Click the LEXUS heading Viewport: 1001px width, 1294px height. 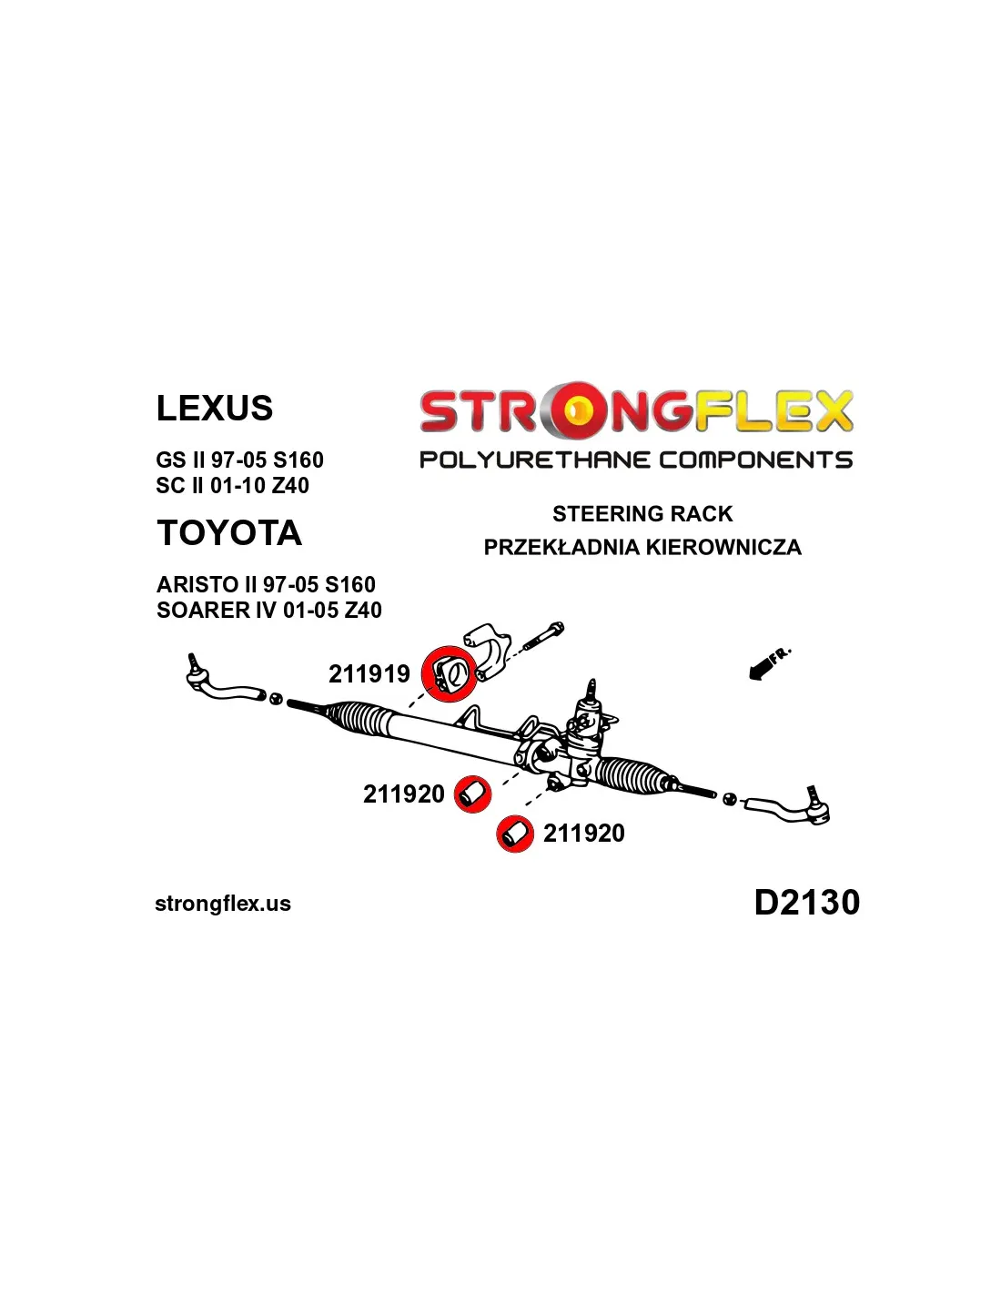(214, 409)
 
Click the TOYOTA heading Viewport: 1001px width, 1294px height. (229, 532)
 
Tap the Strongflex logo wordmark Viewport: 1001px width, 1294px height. (636, 410)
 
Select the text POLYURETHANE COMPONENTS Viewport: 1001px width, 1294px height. (636, 460)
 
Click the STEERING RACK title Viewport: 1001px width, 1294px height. (642, 513)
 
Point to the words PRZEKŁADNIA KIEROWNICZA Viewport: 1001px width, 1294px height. (642, 547)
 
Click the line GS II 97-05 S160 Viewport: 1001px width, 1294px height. (239, 460)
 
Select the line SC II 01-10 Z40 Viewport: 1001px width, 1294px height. (232, 485)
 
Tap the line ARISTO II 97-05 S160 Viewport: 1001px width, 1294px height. (266, 584)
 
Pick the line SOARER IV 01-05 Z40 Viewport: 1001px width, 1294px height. (268, 610)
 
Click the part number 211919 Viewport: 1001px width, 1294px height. (369, 674)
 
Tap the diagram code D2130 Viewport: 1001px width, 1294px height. (807, 902)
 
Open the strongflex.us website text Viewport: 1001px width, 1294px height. (223, 904)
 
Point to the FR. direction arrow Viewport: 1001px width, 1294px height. (768, 664)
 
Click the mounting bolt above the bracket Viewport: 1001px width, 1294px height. (543, 636)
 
